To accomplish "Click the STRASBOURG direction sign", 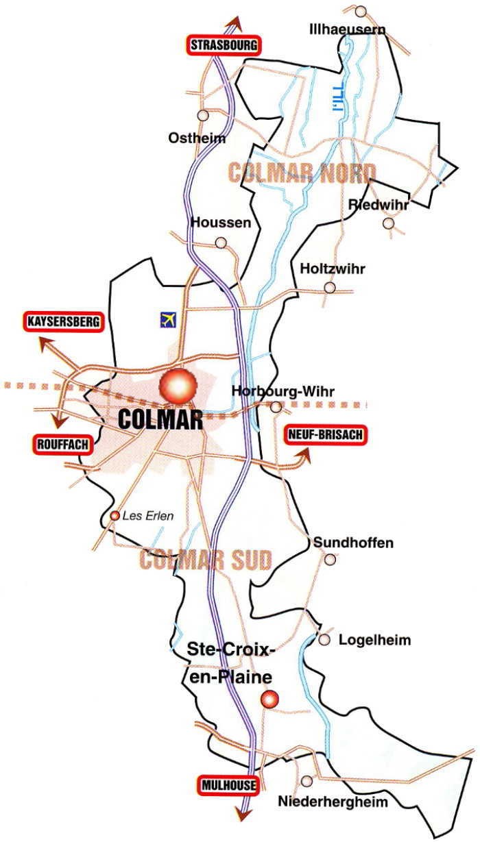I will [224, 45].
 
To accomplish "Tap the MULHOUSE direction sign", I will [230, 785].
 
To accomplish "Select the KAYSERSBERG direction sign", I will [64, 321].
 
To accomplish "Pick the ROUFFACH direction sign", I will [60, 445].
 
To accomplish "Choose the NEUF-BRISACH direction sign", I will [325, 434].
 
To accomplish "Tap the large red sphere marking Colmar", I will [177, 386].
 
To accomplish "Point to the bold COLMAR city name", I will [160, 419].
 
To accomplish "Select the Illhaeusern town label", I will [347, 29].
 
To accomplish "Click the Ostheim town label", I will [197, 138].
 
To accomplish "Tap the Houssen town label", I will [221, 223].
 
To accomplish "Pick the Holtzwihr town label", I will [333, 269].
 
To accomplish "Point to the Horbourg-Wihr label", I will [283, 392].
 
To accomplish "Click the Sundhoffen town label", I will [353, 543].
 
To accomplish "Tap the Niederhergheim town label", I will [333, 802].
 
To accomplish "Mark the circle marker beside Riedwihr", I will [389, 223].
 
